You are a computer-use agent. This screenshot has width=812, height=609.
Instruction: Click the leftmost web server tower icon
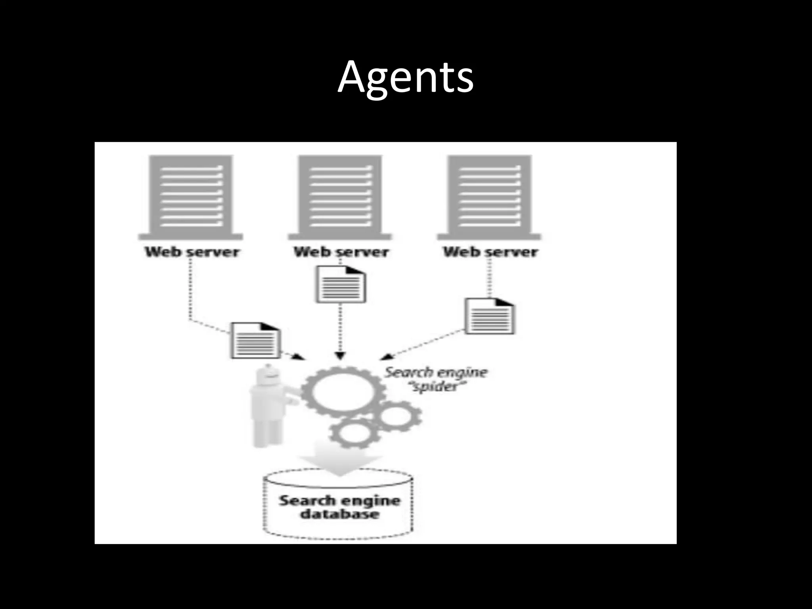coord(191,197)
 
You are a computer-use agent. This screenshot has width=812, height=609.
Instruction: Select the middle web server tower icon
coord(340,197)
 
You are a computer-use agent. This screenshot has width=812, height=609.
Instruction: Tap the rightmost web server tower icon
coord(489,197)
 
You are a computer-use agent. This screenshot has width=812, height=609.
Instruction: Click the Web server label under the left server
coord(192,252)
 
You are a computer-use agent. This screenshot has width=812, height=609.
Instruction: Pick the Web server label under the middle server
coord(341,252)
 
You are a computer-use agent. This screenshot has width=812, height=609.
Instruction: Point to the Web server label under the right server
coord(490,252)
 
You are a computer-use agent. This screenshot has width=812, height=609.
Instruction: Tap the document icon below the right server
coord(489,316)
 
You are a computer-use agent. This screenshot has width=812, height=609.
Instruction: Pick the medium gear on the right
coord(397,416)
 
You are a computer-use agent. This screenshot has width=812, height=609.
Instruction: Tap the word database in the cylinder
coord(339,515)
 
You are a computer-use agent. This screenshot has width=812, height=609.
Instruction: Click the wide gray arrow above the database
coord(339,460)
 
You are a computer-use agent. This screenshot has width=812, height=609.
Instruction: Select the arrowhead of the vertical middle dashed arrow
coord(340,356)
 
